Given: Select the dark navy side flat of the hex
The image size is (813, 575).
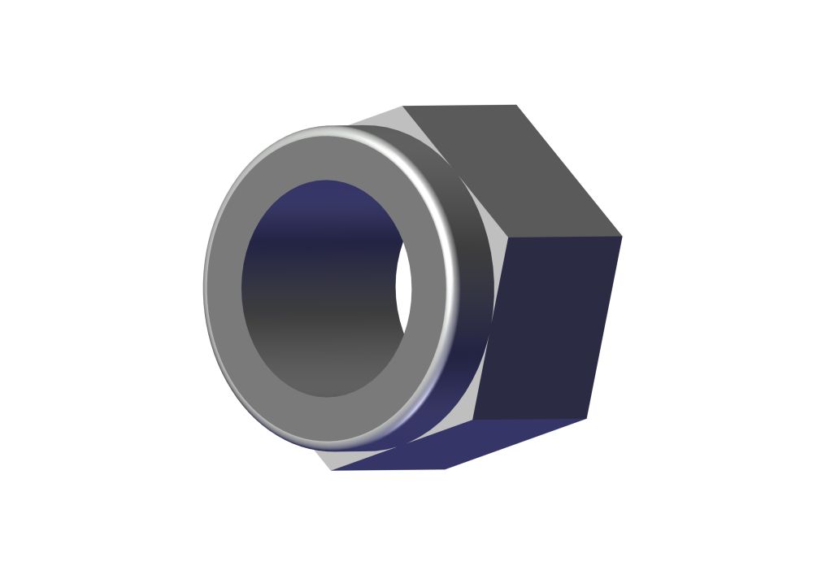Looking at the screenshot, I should coord(549,325).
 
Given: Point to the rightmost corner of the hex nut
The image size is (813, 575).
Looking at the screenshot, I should coord(622,237).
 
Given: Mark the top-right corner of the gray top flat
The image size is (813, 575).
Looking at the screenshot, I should coord(516,105).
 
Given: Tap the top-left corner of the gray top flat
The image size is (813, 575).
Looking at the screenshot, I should coord(403,106).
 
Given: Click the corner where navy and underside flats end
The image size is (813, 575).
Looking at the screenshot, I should coord(586,419).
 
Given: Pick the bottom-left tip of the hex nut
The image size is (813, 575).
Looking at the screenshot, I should coord(332,470).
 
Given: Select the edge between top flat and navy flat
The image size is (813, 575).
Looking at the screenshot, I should coord(565,237).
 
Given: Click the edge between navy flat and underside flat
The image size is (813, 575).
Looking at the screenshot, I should coord(528,420).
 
